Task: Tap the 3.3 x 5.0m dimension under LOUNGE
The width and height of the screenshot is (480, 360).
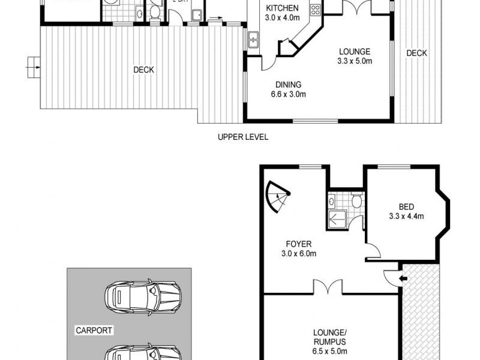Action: coord(354,61)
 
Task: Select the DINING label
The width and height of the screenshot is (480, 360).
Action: coord(288,85)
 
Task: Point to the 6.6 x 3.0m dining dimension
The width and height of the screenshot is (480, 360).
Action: coord(288,94)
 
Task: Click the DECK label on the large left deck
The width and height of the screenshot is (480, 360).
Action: coord(143,70)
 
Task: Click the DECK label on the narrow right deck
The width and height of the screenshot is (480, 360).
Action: coord(416,53)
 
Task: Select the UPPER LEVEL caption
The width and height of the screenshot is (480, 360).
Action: coord(242,137)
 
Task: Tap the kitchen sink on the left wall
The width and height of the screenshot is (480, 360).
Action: coord(253,41)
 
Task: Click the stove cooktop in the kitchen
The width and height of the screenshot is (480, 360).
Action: coord(314,10)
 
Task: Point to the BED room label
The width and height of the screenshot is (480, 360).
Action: coord(406,207)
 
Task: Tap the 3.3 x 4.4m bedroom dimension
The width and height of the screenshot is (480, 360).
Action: coord(406,217)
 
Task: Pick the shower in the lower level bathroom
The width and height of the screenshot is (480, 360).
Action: coord(334,220)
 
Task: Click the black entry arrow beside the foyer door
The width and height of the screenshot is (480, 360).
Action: coord(402,278)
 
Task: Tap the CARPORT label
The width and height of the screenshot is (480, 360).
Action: coord(94,330)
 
